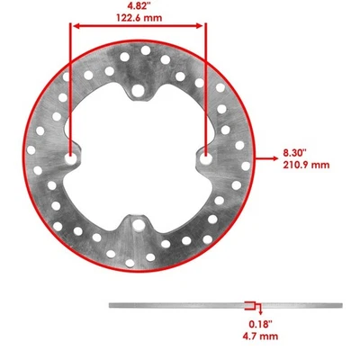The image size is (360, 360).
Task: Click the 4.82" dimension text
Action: [138, 5]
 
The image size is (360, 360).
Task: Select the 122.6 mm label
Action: [138, 16]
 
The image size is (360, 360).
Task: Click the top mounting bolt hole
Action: [138, 89]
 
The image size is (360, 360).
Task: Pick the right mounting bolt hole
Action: [206, 157]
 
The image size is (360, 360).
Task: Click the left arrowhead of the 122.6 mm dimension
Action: [74, 27]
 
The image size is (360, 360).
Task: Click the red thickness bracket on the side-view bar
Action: [249, 304]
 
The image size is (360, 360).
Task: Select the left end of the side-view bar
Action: [112, 304]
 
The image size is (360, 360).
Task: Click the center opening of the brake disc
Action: [138, 157]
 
